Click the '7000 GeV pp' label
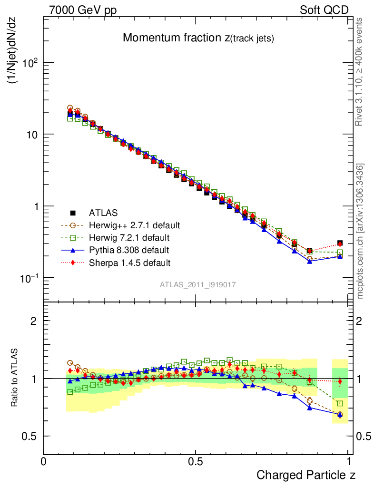click(83, 10)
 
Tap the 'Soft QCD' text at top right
click(324, 10)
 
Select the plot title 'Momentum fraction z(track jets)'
click(198, 38)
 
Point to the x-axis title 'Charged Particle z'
click(306, 475)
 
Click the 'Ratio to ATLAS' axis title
click(15, 378)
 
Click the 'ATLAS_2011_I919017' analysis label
click(198, 284)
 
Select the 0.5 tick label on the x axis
click(195, 462)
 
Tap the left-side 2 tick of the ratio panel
click(34, 321)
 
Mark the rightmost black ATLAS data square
click(340, 243)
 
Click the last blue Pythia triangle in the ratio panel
click(340, 415)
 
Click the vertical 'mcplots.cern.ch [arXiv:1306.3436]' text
click(361, 231)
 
